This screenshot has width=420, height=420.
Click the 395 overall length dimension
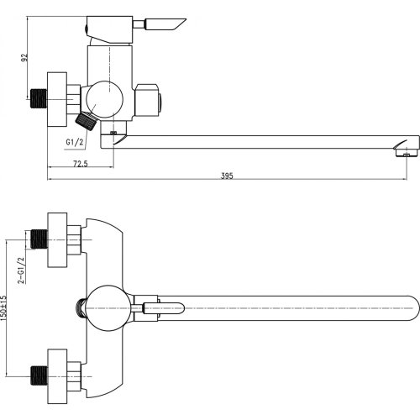coord(227,176)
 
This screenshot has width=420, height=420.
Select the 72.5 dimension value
coord(81,164)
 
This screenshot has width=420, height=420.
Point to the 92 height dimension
coord(25,57)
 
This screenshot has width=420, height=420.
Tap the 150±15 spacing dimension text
coord(3,308)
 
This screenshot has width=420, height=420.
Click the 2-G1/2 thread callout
coord(22,270)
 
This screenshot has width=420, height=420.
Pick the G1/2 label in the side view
coord(75,142)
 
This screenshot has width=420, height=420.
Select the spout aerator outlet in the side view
coord(406,153)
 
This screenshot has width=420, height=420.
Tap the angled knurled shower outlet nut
coord(87,121)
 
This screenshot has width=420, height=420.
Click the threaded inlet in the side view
coord(39,98)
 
